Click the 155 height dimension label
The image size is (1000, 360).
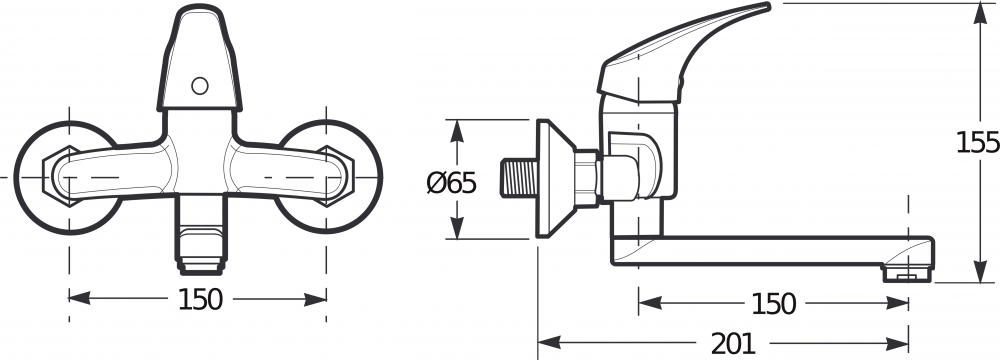[977, 143]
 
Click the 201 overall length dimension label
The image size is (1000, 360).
[733, 345]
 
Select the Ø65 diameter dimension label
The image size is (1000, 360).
[452, 184]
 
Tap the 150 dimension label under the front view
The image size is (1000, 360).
[200, 299]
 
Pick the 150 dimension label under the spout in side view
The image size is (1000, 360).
[774, 304]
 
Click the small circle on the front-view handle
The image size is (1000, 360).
[200, 86]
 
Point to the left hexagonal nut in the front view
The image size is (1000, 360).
[61, 176]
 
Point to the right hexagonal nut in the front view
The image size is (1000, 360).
[336, 176]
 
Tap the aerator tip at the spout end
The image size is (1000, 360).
[907, 274]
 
